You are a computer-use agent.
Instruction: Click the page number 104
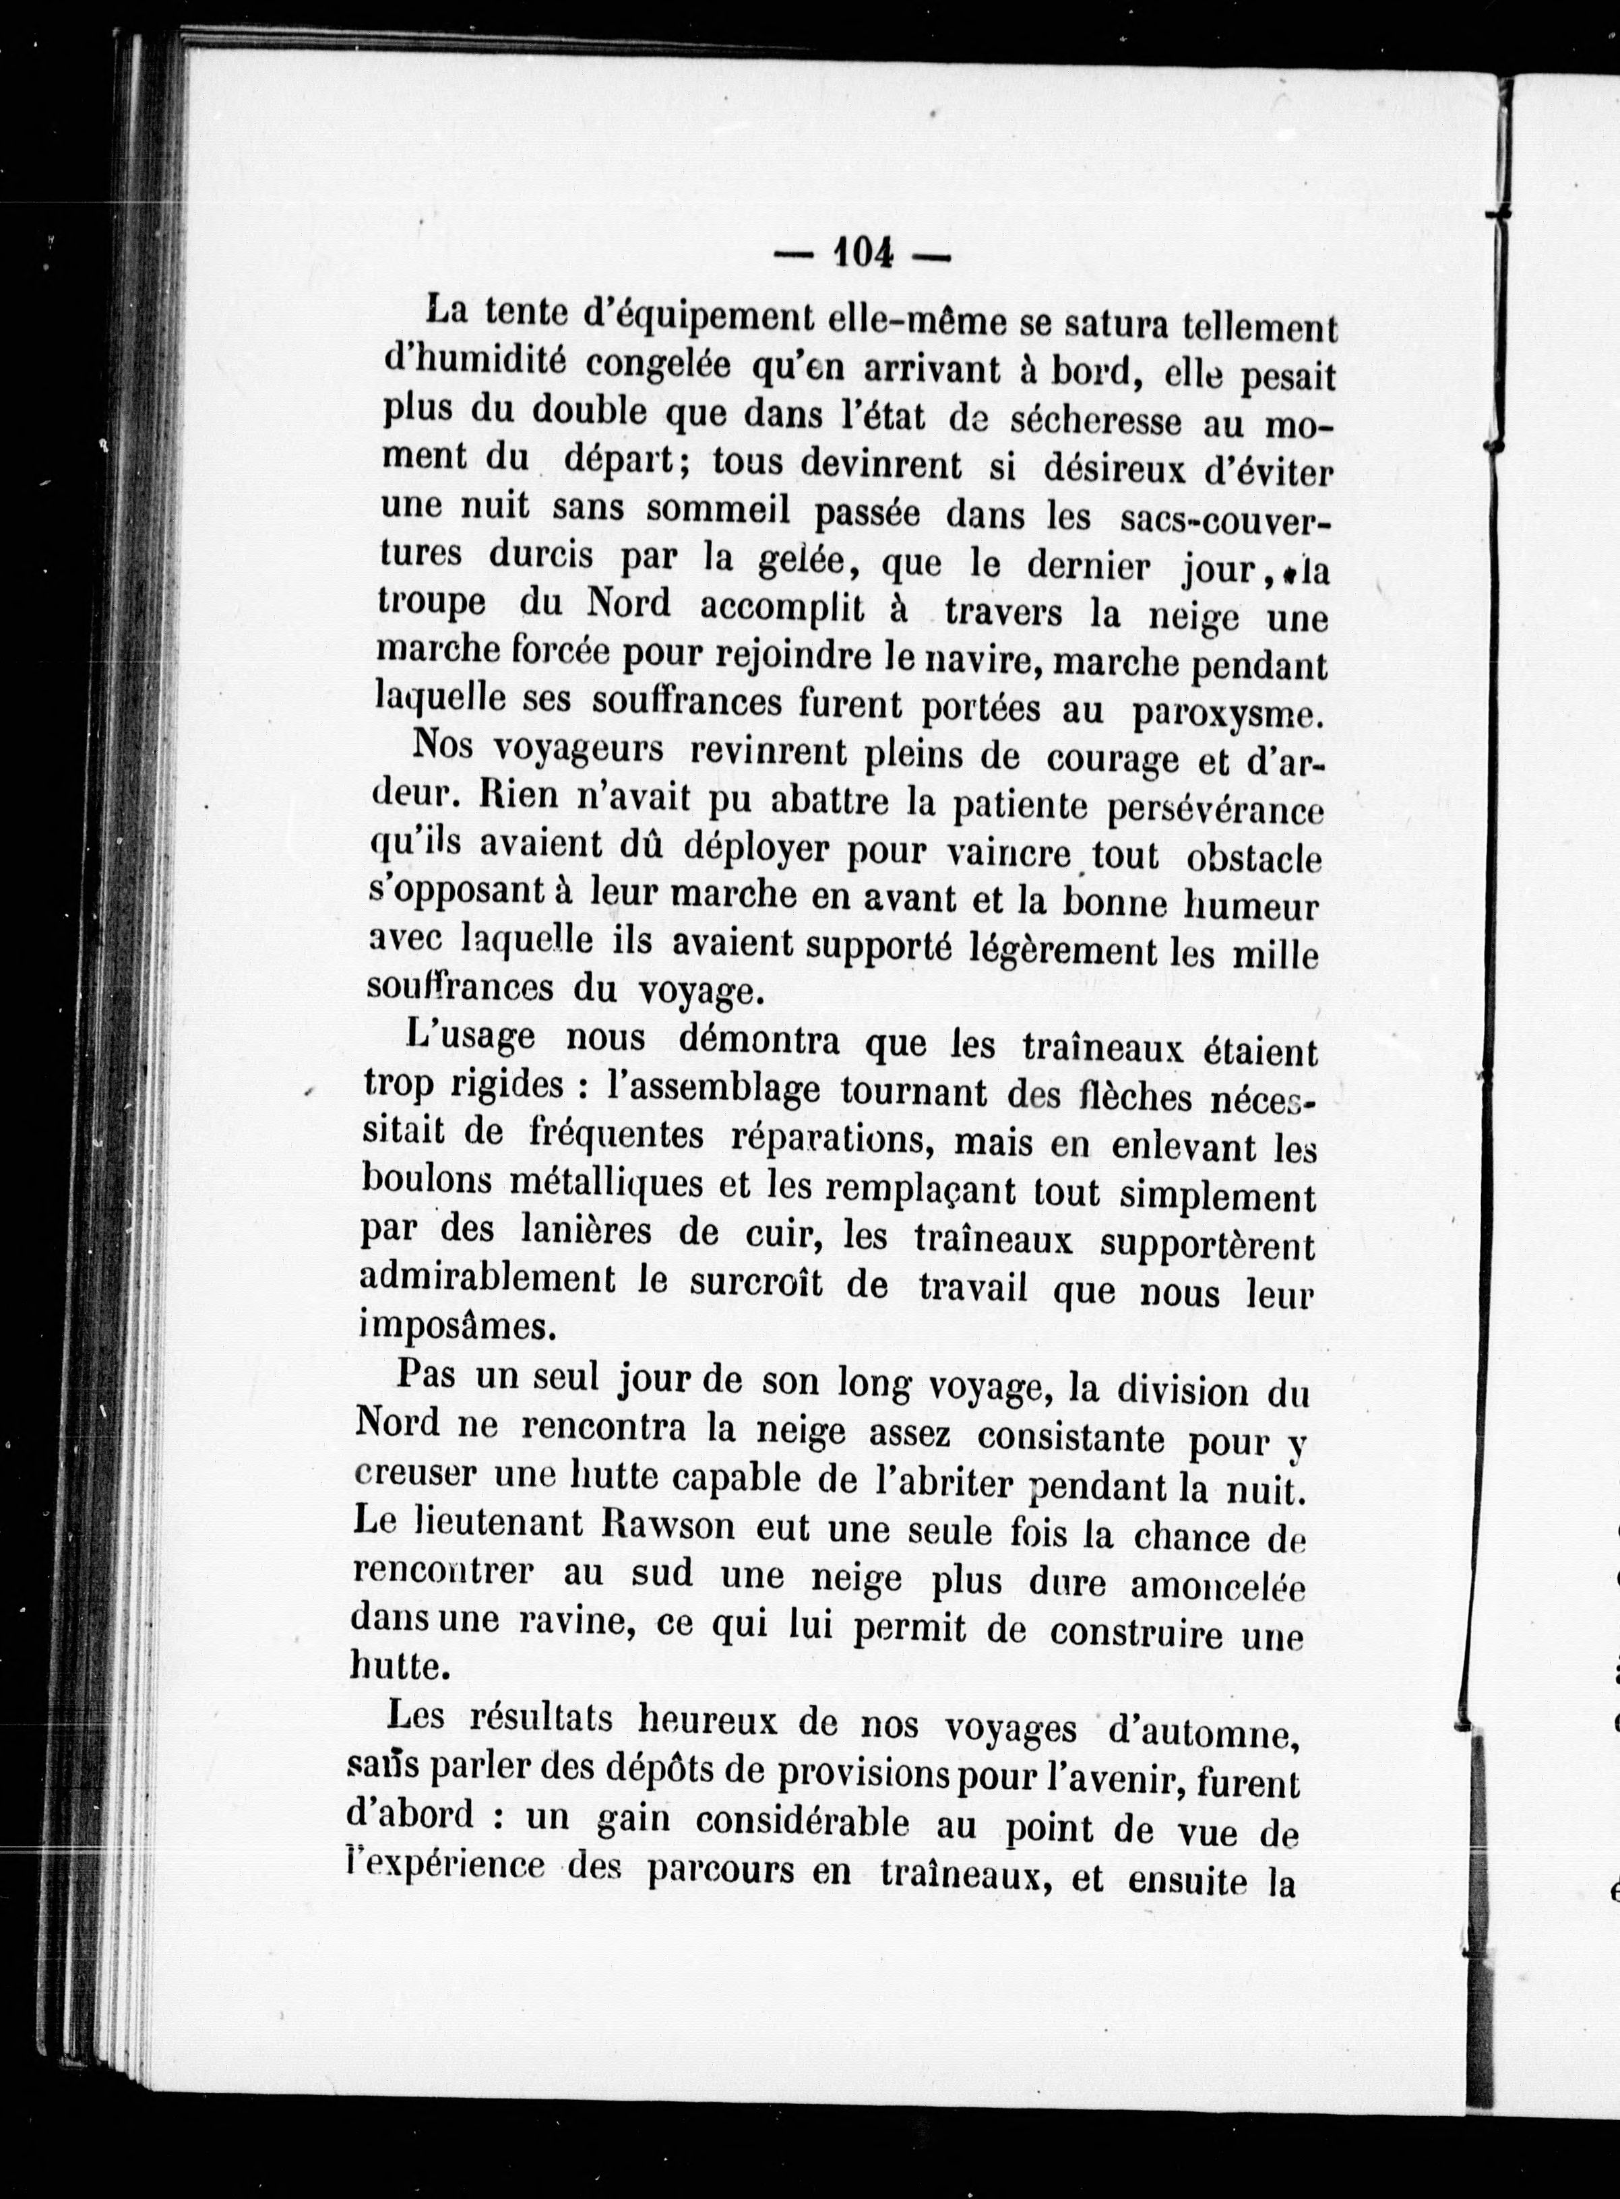(x=863, y=255)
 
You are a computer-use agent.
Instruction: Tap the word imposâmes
(x=438, y=1327)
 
